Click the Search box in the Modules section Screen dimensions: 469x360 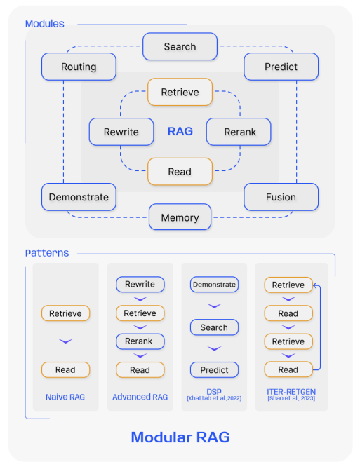(x=180, y=46)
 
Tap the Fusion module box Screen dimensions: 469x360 (x=281, y=197)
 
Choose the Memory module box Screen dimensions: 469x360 (x=180, y=217)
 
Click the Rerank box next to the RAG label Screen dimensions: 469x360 (x=239, y=132)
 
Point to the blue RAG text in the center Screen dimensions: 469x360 (x=180, y=131)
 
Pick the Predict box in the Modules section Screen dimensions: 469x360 (x=281, y=67)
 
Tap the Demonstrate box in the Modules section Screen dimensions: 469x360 (x=79, y=197)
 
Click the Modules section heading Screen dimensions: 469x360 (x=44, y=24)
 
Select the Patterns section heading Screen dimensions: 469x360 (x=46, y=252)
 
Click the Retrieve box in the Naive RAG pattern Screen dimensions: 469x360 (x=65, y=313)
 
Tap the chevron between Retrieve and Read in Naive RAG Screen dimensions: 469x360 (x=65, y=341)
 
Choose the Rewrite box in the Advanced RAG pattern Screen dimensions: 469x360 (x=140, y=285)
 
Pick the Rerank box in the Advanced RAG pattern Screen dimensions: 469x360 (x=140, y=341)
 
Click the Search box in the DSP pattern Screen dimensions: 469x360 (x=214, y=327)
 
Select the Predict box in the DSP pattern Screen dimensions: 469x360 (x=214, y=369)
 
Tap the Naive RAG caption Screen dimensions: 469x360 (x=65, y=397)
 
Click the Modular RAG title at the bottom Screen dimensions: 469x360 (x=180, y=437)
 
